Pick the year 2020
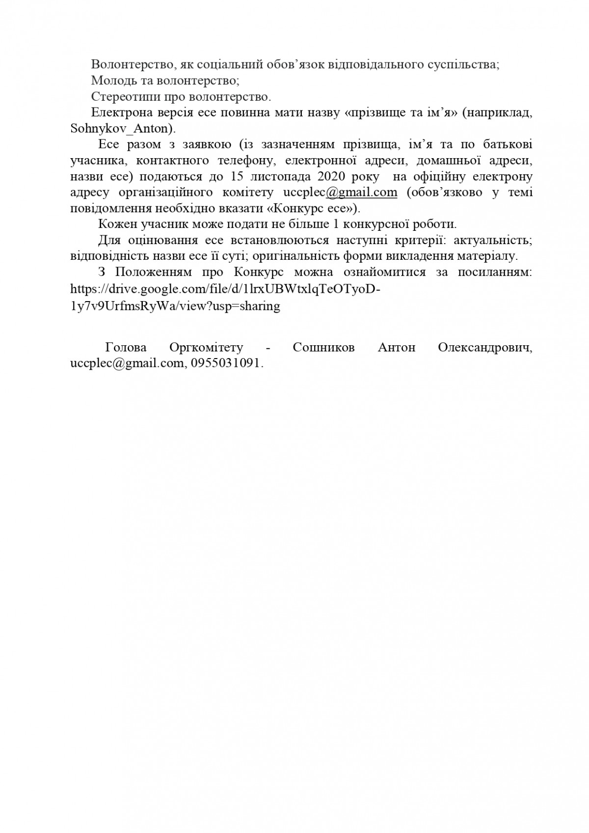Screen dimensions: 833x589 pos(333,176)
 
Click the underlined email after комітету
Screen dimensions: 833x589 pos(340,192)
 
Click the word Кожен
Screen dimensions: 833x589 pos(116,224)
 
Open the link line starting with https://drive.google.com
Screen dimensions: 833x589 pos(225,289)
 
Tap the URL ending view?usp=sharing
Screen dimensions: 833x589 pos(175,305)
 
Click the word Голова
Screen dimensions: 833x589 pos(126,347)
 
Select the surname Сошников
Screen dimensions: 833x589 pos(323,347)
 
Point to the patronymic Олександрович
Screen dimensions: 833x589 pos(484,347)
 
